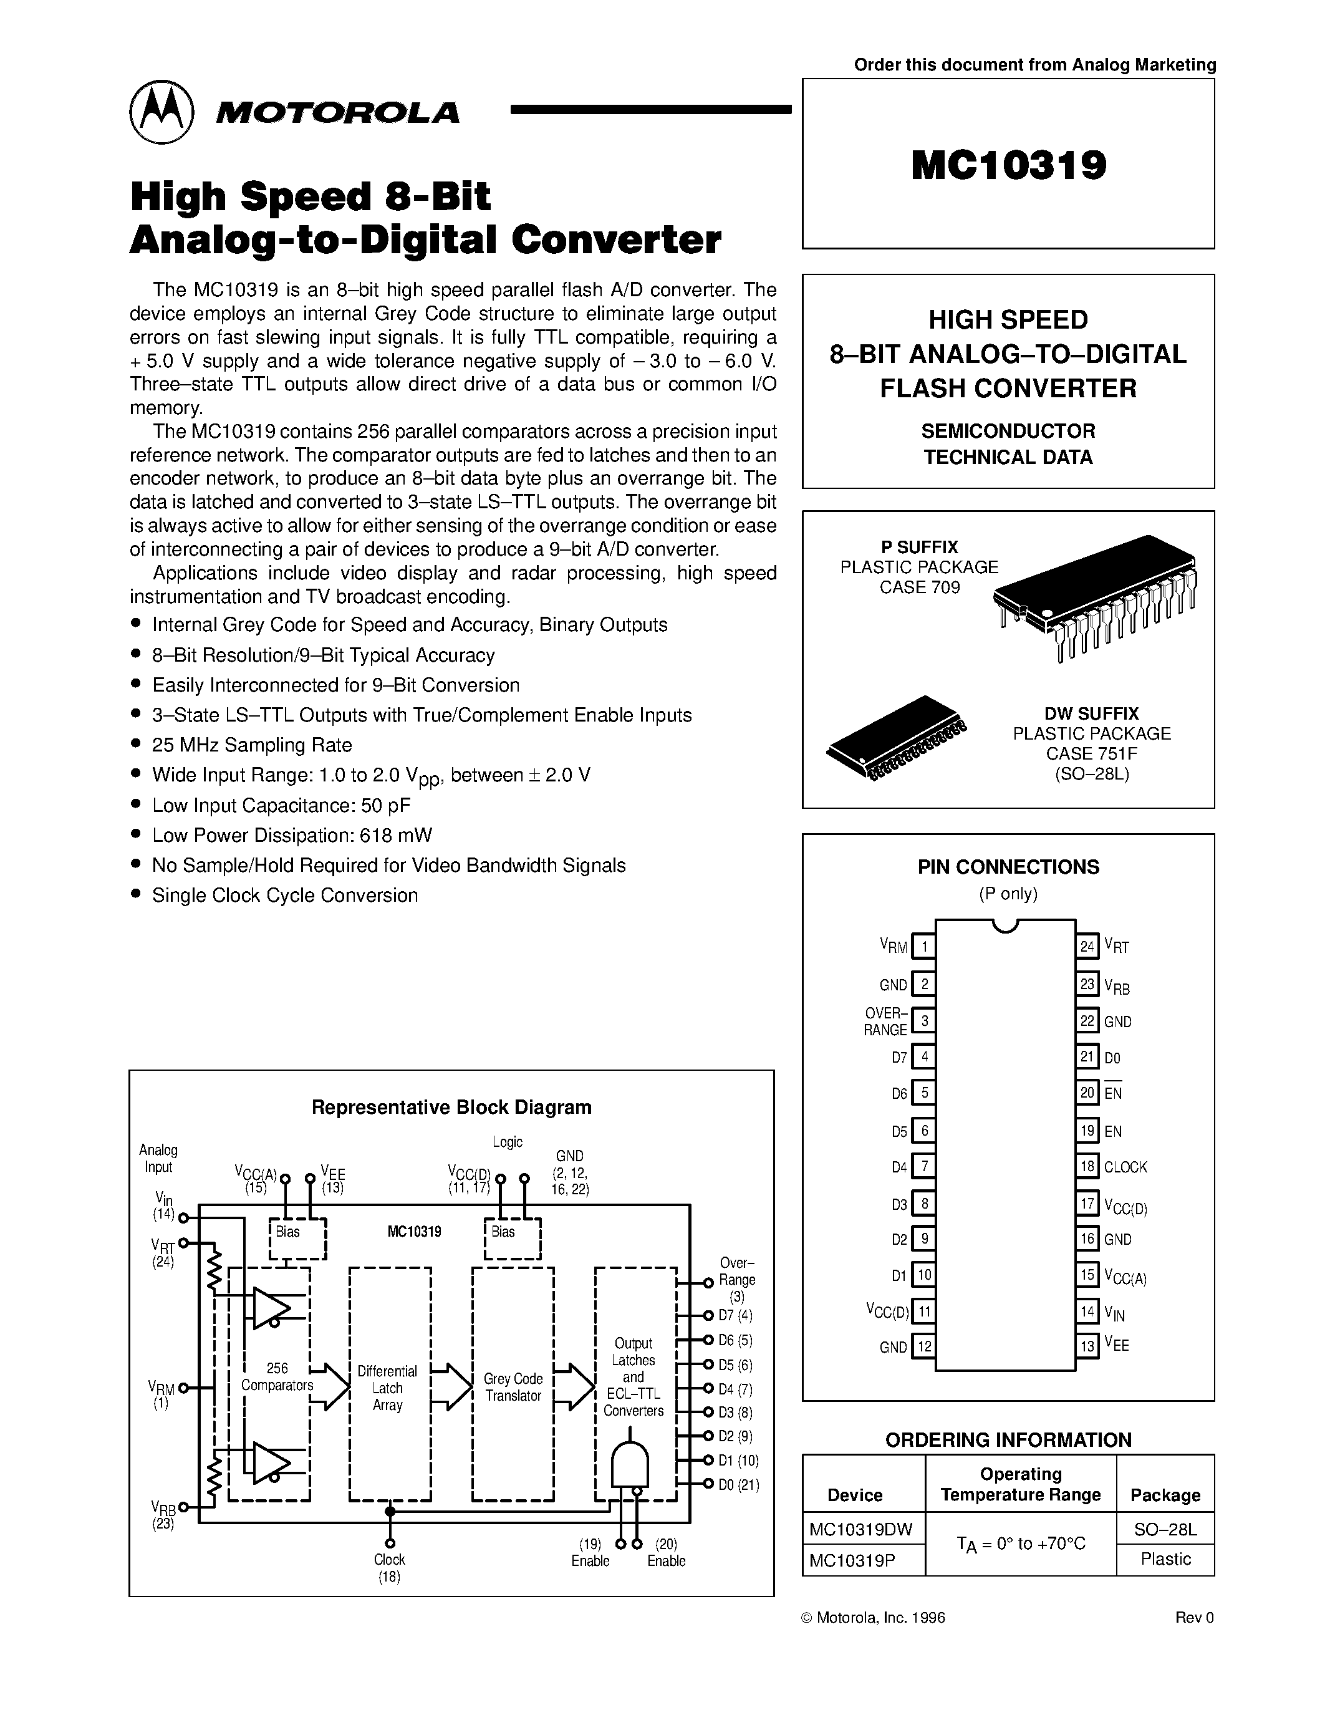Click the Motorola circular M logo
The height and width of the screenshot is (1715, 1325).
161,112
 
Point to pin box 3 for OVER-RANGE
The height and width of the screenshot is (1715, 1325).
924,1021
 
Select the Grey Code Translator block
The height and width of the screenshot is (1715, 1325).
513,1387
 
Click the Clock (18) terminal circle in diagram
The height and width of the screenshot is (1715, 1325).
390,1543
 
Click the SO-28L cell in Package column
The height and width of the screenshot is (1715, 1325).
1165,1529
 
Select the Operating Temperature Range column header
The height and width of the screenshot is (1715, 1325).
1021,1484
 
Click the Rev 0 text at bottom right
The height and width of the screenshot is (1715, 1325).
1194,1618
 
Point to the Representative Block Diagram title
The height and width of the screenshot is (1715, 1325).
451,1107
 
